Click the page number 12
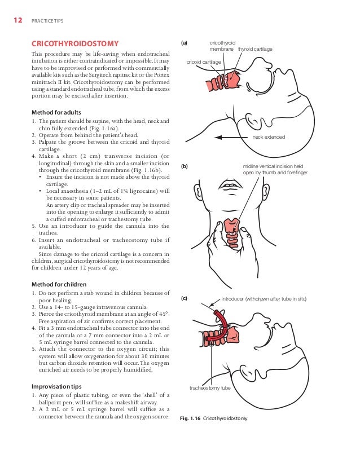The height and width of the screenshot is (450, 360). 17,21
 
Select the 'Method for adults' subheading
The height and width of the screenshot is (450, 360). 56,112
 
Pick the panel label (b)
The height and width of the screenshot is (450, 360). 185,166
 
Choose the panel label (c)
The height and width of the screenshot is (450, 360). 185,297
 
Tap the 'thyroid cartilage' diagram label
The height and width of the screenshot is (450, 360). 255,50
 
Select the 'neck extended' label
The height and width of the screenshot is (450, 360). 269,137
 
